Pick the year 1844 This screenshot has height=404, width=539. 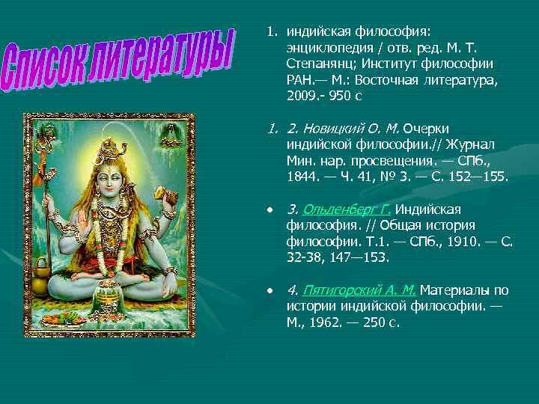301,178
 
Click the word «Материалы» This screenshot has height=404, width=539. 456,289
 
